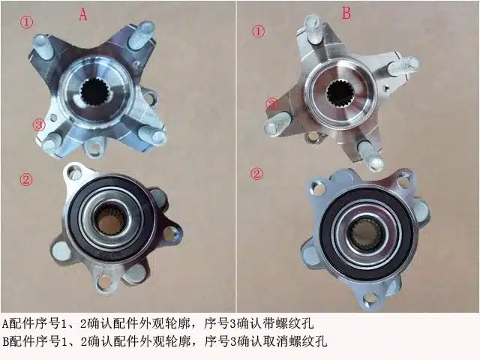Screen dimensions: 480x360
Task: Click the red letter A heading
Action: click(x=82, y=14)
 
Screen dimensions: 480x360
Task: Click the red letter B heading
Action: click(x=346, y=13)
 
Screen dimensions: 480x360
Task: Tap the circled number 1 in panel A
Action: click(x=27, y=22)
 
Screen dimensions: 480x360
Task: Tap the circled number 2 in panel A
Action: click(x=26, y=179)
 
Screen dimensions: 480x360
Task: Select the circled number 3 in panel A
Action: click(x=39, y=125)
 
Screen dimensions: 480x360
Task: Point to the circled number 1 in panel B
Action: click(x=258, y=31)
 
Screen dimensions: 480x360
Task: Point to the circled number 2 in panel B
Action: click(x=256, y=174)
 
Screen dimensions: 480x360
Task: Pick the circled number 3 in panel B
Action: click(x=272, y=104)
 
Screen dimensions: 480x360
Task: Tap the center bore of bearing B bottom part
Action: click(x=367, y=234)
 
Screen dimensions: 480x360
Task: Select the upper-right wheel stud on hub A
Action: click(x=140, y=36)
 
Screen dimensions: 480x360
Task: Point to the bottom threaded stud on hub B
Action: click(x=370, y=155)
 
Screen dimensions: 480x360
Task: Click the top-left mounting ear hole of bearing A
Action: click(x=73, y=173)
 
